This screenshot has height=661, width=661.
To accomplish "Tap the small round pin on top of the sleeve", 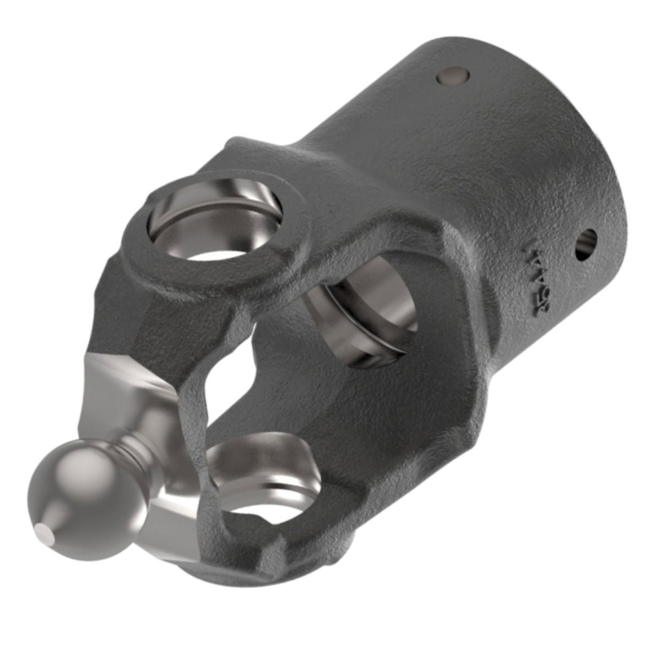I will pos(451,76).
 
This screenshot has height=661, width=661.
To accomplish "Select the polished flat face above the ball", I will pos(127,380).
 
